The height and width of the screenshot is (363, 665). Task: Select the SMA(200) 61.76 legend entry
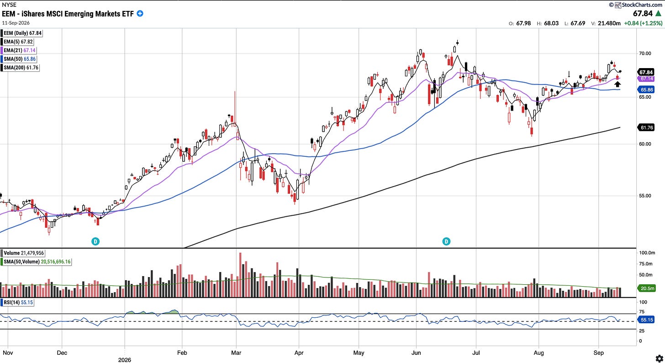pyautogui.click(x=20, y=67)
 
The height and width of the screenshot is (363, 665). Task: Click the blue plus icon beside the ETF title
pyautogui.click(x=140, y=13)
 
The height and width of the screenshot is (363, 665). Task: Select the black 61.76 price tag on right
pyautogui.click(x=646, y=128)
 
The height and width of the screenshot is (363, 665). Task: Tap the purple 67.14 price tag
pyautogui.click(x=646, y=79)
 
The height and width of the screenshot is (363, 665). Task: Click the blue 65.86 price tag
pyautogui.click(x=646, y=90)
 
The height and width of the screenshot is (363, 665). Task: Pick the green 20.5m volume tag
pyautogui.click(x=646, y=288)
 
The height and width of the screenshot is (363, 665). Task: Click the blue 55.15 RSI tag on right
pyautogui.click(x=646, y=320)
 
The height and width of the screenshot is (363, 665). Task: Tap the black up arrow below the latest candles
pyautogui.click(x=617, y=85)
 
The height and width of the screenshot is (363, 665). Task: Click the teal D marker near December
pyautogui.click(x=95, y=241)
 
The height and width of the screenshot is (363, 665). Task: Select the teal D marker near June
pyautogui.click(x=446, y=241)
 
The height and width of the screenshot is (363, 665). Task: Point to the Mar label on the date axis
pyautogui.click(x=236, y=353)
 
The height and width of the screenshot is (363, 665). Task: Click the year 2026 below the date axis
pyautogui.click(x=124, y=360)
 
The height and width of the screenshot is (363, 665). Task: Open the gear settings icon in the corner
pyautogui.click(x=659, y=358)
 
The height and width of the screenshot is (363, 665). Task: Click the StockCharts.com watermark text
pyautogui.click(x=639, y=5)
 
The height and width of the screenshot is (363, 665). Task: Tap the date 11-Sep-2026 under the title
pyautogui.click(x=16, y=23)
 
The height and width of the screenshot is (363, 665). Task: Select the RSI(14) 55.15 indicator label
pyautogui.click(x=17, y=302)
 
